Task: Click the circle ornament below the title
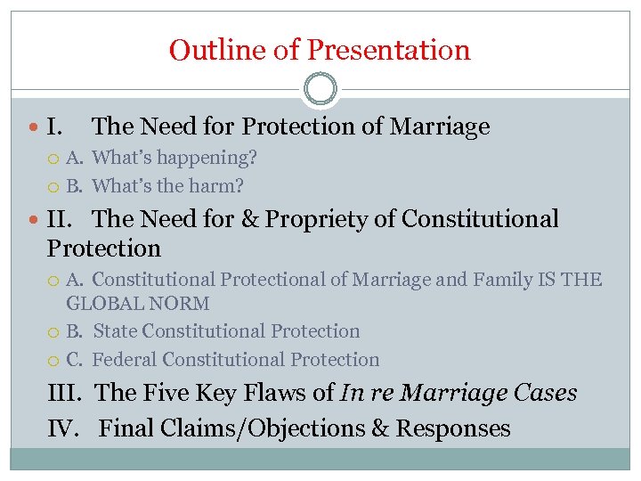point(320,90)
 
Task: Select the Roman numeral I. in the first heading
point(54,126)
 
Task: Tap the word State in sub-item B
point(115,331)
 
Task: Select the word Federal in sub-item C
point(124,360)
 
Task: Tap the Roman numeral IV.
point(66,428)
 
